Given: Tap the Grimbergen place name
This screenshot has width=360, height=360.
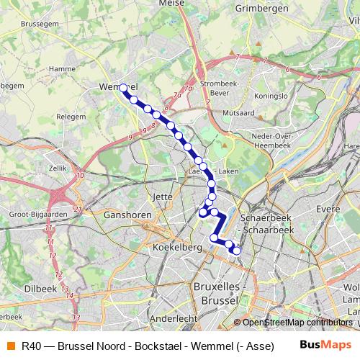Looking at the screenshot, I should [x=261, y=9].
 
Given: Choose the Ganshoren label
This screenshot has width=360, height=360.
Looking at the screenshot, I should [x=127, y=215].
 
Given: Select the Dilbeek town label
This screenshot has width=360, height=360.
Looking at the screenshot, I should [x=40, y=288].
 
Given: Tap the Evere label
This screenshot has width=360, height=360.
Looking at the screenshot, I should [x=328, y=209].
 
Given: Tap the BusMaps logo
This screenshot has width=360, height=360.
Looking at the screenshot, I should [x=325, y=345].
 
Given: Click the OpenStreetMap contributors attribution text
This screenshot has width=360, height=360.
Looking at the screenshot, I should [x=297, y=323].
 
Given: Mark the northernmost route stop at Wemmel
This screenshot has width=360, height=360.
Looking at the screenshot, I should [x=123, y=89].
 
